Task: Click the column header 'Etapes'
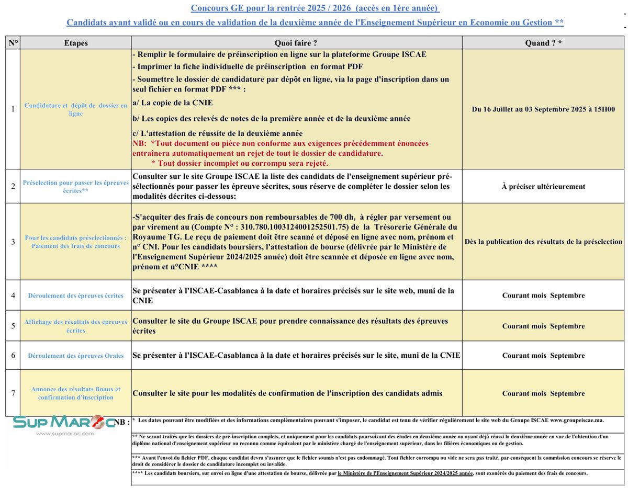coord(75,43)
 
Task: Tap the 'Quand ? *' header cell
coord(543,43)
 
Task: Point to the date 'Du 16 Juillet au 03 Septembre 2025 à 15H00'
coord(543,109)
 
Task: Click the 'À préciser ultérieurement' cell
coord(543,186)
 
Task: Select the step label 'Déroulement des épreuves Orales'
coord(76,356)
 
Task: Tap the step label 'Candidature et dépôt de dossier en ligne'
coord(76,109)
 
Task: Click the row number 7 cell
coord(13,393)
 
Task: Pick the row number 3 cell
coord(13,242)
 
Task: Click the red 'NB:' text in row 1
coord(141,143)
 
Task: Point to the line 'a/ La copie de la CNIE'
coord(173,103)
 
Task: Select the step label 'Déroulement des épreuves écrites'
coord(76,296)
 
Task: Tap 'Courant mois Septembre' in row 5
coord(543,326)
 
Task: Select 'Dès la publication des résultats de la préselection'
coord(543,242)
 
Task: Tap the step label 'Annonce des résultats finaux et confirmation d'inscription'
coord(76,393)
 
